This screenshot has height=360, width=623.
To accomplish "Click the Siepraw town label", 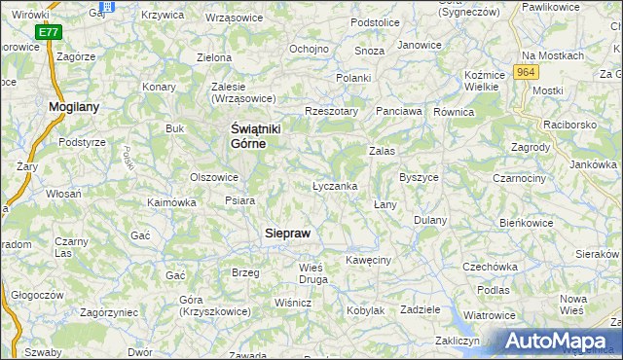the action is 289,234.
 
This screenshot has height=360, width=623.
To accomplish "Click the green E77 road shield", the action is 49,33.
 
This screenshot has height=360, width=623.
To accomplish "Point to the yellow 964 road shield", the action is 527,72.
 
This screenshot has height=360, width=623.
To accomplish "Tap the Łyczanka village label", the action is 335,185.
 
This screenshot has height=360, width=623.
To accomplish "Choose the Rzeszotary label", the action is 332,111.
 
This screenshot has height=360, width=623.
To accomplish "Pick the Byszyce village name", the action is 419,178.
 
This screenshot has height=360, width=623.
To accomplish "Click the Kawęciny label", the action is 368,260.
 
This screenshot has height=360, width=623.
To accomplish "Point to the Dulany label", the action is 429,220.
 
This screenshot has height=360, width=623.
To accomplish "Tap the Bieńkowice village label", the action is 526,223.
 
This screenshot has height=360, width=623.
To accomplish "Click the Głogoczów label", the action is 37,294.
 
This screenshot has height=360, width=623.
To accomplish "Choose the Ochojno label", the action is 309,49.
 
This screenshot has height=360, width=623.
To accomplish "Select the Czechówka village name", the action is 489,266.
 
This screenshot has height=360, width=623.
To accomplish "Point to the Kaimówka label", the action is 171,202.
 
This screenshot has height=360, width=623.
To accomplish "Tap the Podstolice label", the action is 376,22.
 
